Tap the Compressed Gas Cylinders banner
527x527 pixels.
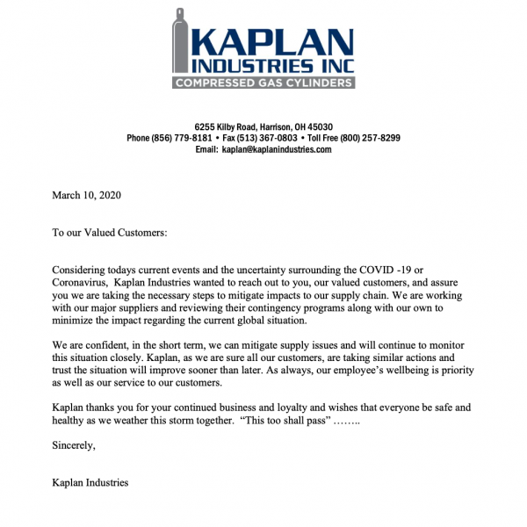coord(263,83)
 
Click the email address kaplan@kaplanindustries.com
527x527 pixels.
coord(276,150)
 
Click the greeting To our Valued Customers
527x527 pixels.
coord(109,233)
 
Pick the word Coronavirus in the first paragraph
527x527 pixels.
coord(88,283)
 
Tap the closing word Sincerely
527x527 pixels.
coord(74,447)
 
